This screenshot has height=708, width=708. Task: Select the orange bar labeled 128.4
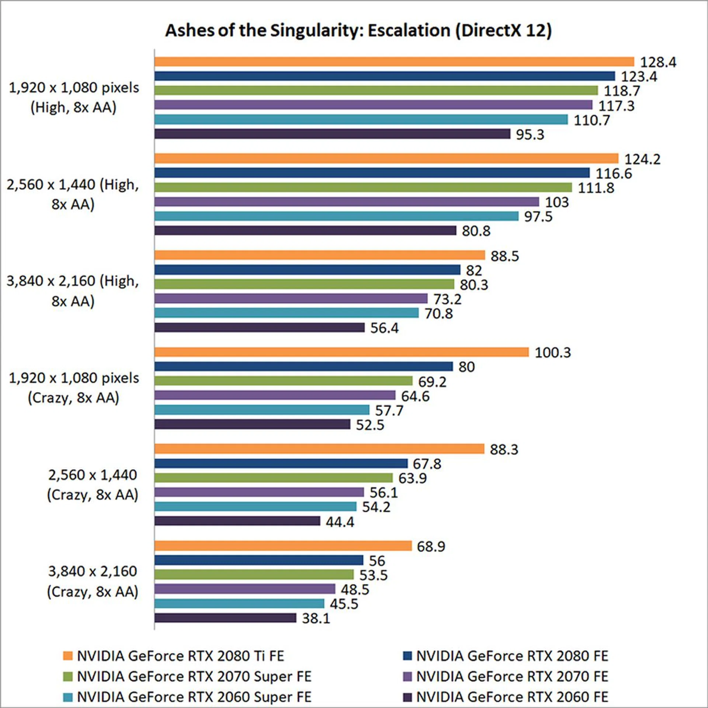click(394, 62)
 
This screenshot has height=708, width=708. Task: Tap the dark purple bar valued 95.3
click(332, 134)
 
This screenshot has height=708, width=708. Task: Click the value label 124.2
click(642, 159)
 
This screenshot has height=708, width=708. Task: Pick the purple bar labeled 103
click(347, 202)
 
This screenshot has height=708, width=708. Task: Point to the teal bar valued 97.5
click(336, 216)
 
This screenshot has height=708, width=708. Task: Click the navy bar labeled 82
click(307, 270)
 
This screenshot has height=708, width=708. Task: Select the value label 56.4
click(384, 328)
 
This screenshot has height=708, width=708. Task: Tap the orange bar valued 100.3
click(341, 352)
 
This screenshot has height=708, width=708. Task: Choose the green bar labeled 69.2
click(283, 381)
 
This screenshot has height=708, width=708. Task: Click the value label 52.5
click(370, 425)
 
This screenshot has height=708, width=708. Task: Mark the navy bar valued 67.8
click(281, 463)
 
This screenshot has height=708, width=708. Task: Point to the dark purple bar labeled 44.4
click(237, 521)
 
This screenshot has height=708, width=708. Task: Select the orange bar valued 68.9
click(283, 546)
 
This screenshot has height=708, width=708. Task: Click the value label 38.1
click(316, 618)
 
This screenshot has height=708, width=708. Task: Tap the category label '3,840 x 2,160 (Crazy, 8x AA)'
click(93, 581)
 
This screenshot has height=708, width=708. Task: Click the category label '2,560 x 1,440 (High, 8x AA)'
click(73, 194)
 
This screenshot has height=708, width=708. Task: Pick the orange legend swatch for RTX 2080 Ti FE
click(68, 656)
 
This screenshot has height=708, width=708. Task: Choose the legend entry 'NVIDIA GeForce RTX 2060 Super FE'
click(194, 697)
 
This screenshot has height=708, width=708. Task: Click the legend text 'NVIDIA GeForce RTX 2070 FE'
click(512, 676)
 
